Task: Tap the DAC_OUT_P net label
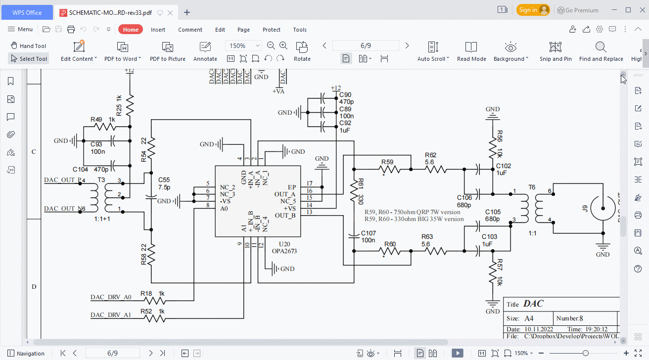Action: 62,180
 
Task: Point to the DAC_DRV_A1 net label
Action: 111,315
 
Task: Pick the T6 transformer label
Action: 531,187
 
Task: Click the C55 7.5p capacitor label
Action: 164,183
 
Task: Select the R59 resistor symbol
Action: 389,169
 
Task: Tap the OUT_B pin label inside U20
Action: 285,215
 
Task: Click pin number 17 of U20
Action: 310,184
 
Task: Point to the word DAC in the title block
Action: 533,304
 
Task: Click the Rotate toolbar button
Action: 302,51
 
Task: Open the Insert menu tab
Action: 158,30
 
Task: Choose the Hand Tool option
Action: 28,46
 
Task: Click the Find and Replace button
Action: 601,51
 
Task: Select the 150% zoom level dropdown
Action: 243,45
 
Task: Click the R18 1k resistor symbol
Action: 155,300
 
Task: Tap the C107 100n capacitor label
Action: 369,236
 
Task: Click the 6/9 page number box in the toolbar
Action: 366,45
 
